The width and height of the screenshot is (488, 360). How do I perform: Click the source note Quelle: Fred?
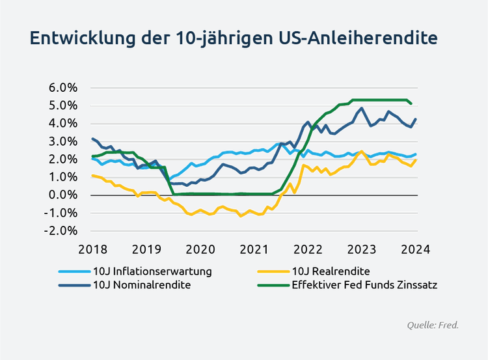pos(432,324)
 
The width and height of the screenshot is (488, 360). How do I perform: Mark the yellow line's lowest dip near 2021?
pos(241,216)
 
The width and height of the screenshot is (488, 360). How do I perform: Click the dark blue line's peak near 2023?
pos(361,107)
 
